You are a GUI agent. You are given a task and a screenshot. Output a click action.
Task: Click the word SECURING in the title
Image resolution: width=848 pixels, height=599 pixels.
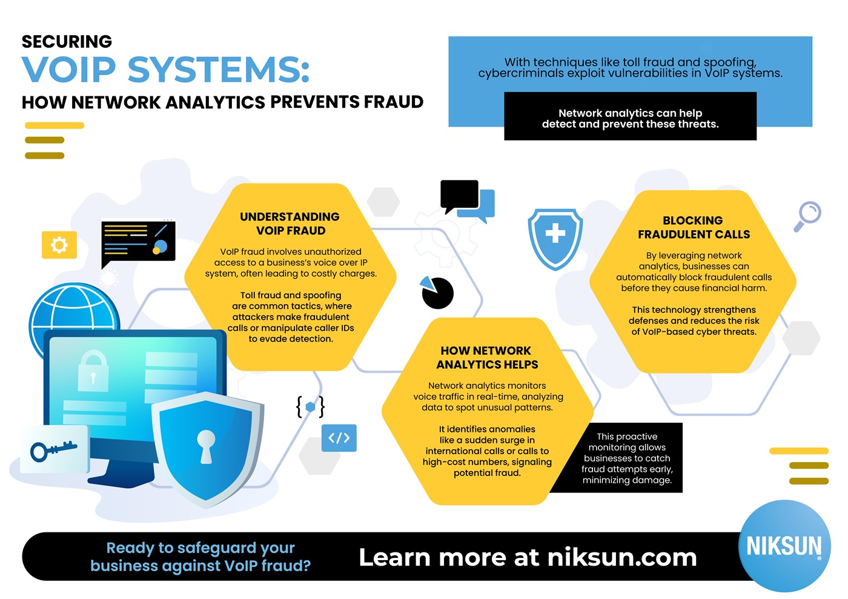67,42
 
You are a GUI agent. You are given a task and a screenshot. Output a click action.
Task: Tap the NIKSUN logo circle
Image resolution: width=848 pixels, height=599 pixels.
784,546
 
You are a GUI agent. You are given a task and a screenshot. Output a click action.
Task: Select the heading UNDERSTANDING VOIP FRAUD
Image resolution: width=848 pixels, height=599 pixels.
290,223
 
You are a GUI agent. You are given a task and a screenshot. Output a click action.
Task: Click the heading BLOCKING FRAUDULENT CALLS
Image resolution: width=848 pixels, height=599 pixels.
694,227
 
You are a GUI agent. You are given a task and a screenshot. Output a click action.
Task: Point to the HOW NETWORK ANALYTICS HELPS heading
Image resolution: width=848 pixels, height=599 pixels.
486,357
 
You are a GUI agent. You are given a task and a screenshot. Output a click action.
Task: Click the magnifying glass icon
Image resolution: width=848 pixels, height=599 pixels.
807,216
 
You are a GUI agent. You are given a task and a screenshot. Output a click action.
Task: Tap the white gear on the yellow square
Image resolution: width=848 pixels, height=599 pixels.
59,245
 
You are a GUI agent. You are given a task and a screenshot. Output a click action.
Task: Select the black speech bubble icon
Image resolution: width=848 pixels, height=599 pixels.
459,195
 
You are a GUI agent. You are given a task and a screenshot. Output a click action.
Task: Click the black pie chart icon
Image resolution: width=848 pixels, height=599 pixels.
437,293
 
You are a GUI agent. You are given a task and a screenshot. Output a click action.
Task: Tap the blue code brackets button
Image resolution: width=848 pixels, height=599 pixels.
339,438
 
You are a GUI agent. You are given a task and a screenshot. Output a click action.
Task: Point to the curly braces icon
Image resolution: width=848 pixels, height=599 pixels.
310,406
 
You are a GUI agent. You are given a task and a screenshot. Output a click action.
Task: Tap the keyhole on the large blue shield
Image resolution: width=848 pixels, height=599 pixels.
206,446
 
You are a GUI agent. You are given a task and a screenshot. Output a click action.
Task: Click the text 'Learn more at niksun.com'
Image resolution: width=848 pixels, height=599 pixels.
528,557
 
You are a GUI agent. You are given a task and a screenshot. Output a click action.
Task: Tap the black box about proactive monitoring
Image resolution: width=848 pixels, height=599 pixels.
627,458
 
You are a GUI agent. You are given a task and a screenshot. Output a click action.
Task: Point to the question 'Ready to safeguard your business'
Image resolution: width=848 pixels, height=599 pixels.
200,557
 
